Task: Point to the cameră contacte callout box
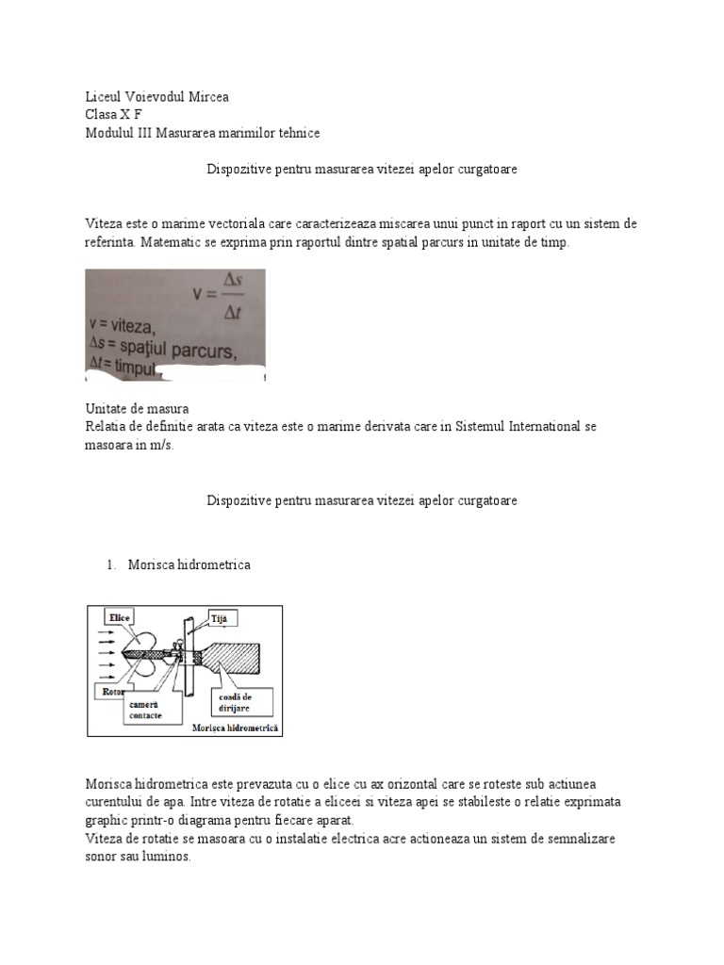click(142, 710)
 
